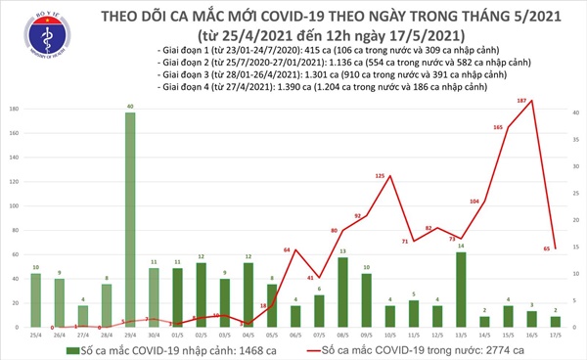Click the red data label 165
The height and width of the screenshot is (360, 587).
(498, 126)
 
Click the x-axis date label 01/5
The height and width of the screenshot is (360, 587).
(176, 334)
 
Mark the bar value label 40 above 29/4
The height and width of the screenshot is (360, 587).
(129, 105)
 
